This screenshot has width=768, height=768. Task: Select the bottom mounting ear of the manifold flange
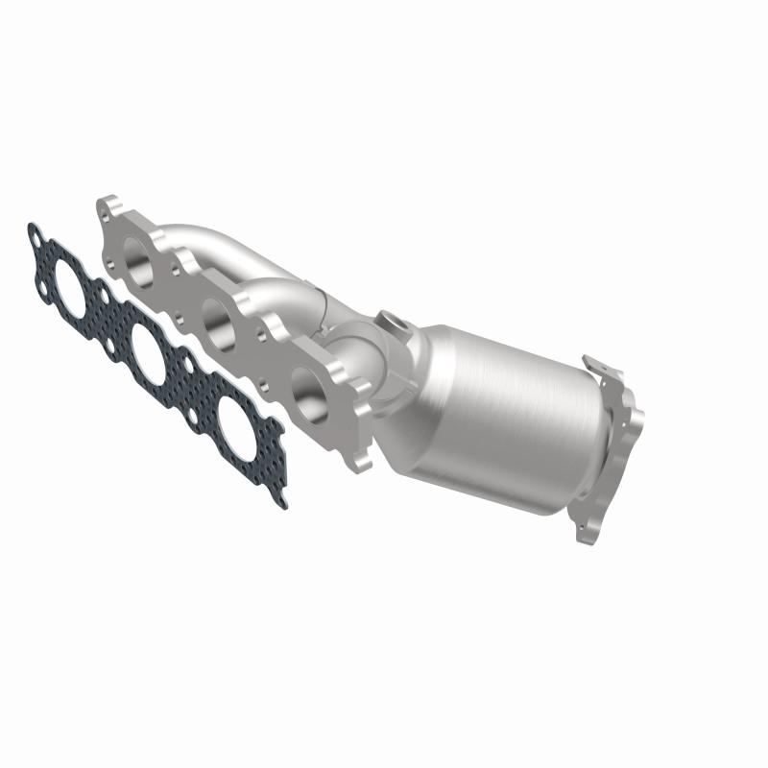pyautogui.click(x=360, y=460)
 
